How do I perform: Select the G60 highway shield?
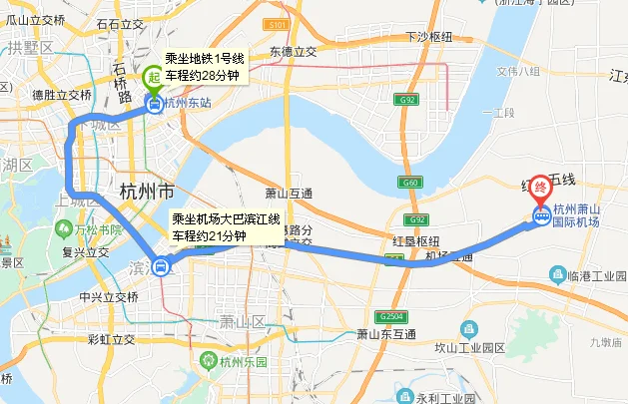[x=408, y=183]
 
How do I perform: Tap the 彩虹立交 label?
[x=113, y=339]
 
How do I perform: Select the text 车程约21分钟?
[x=210, y=236]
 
